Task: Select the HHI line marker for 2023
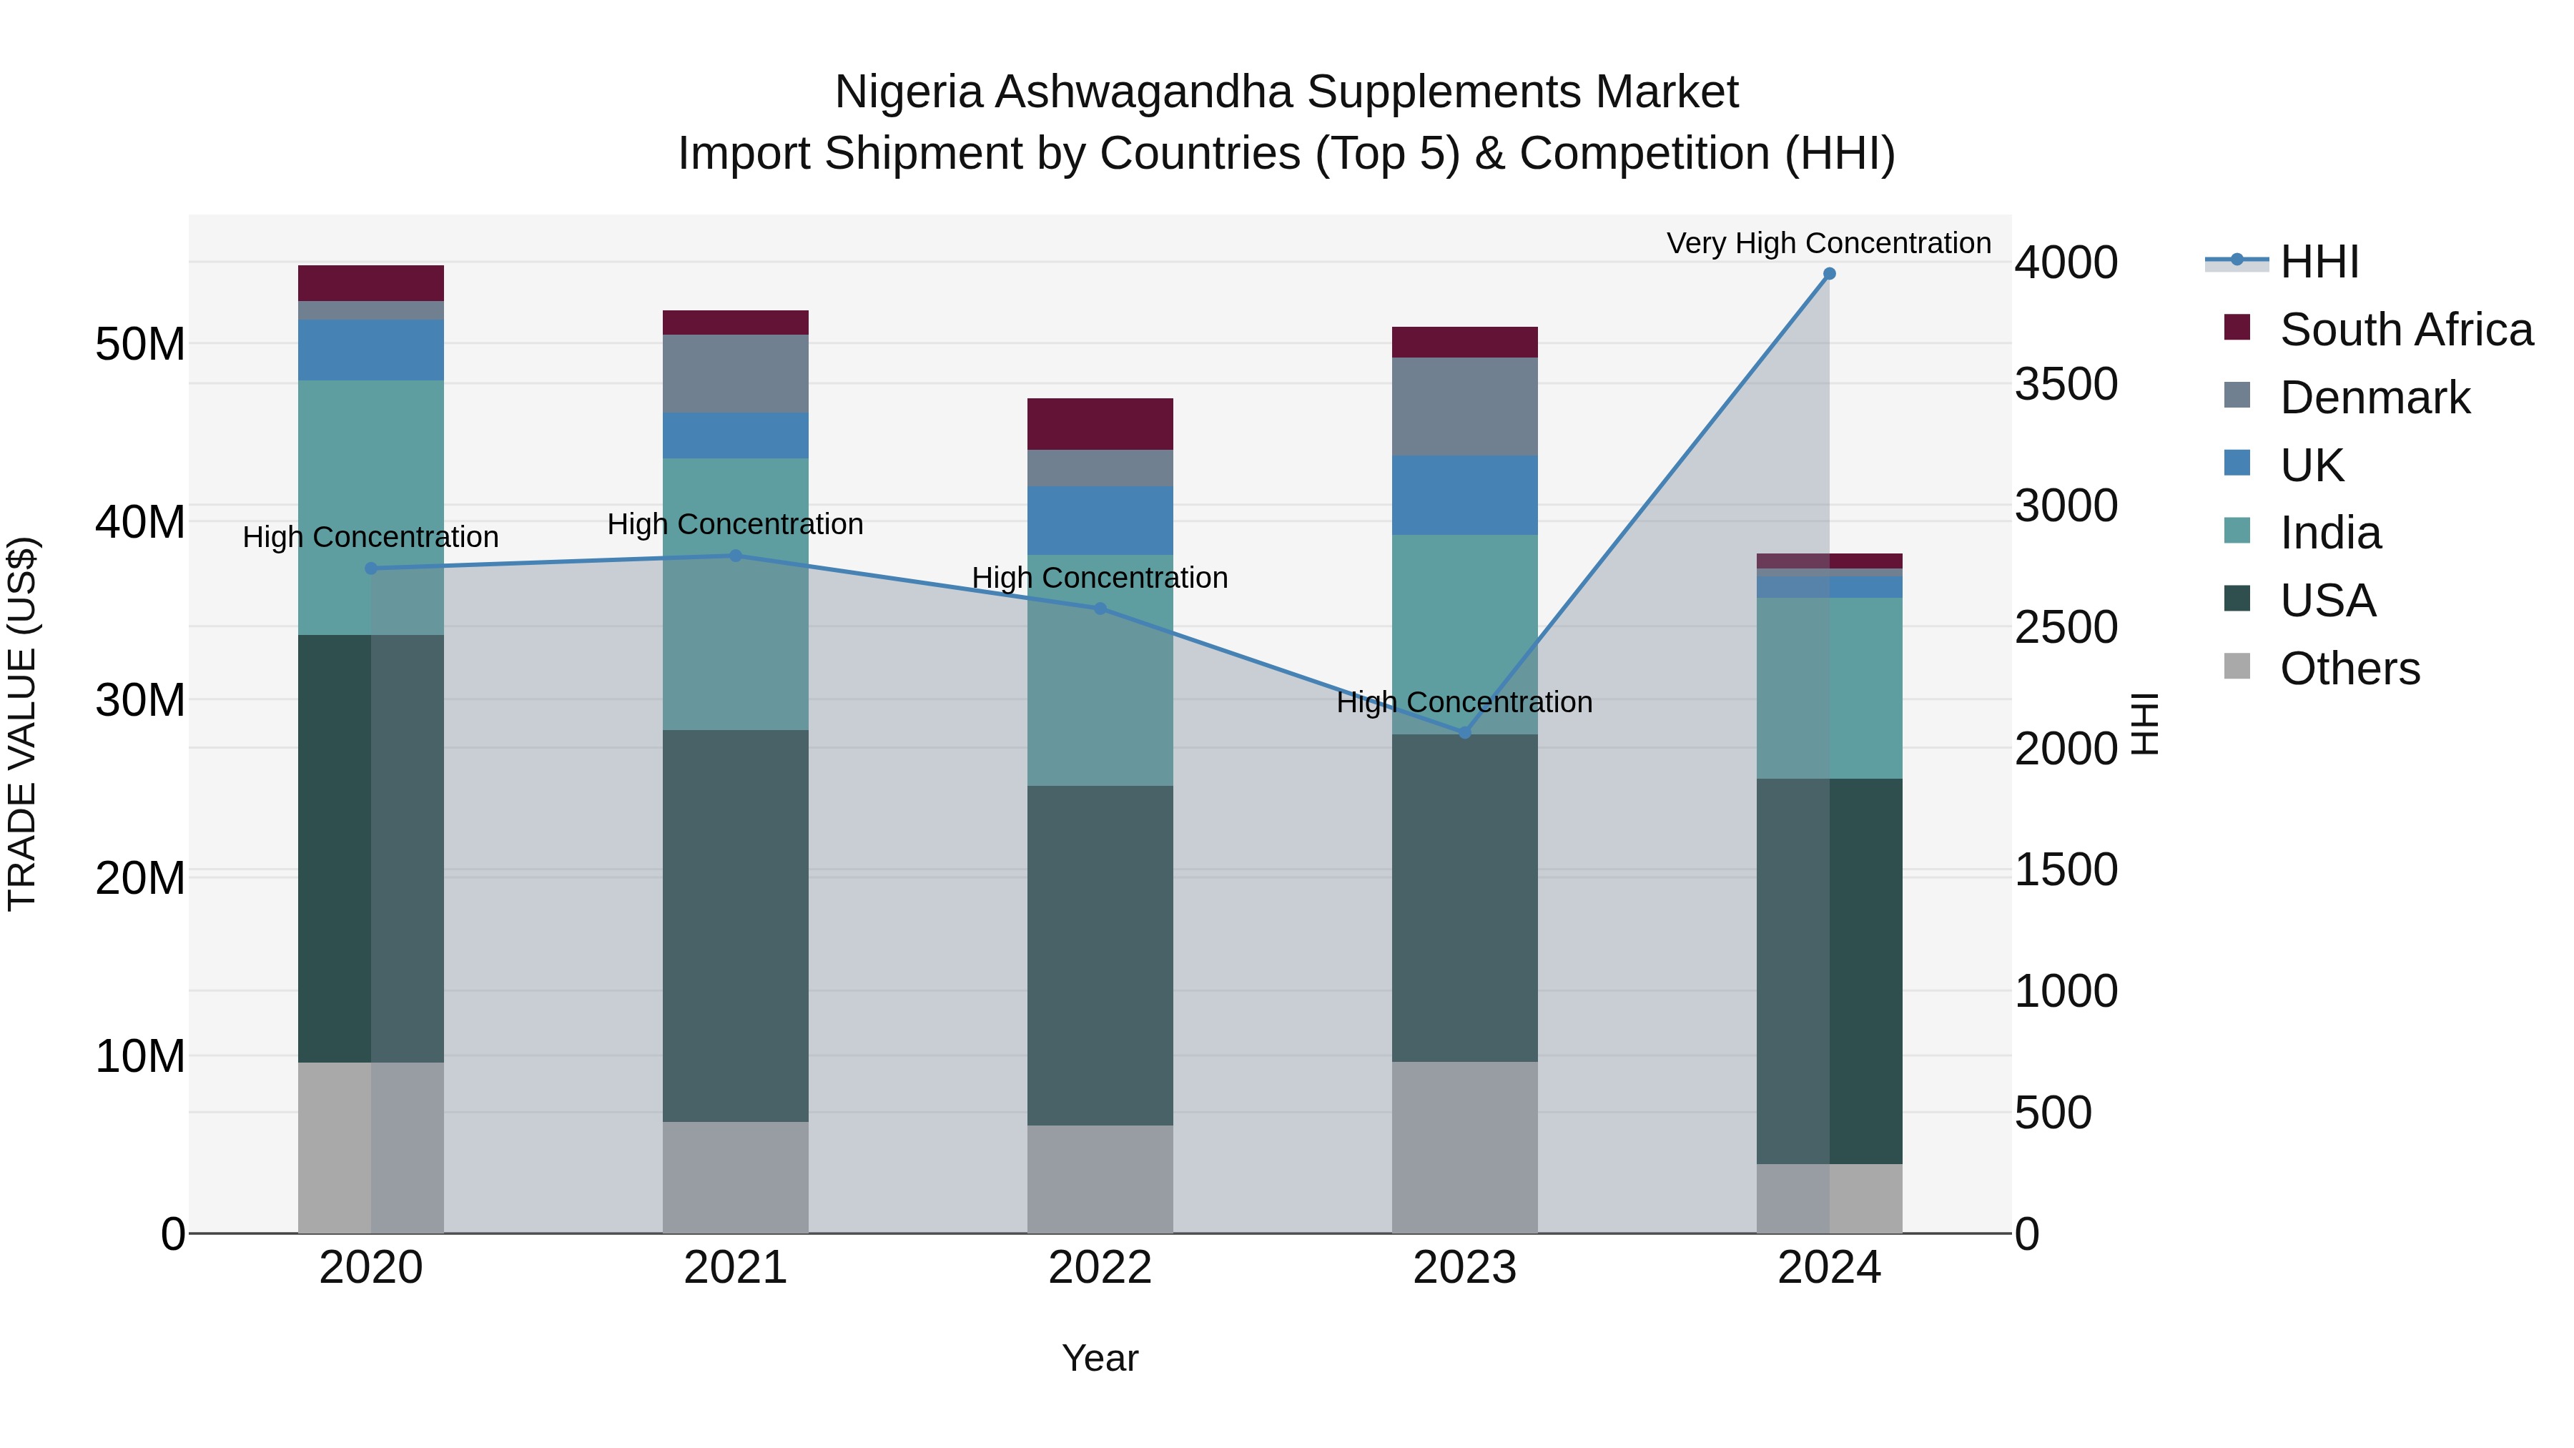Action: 1465,732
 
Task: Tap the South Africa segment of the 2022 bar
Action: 1100,424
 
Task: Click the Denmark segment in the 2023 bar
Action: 1465,407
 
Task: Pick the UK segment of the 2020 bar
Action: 370,350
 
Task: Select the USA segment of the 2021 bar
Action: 736,925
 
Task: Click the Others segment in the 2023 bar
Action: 1465,1146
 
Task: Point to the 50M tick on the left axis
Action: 140,345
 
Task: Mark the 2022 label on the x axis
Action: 1100,1268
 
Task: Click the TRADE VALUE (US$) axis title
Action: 22,724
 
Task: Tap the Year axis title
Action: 1100,1358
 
